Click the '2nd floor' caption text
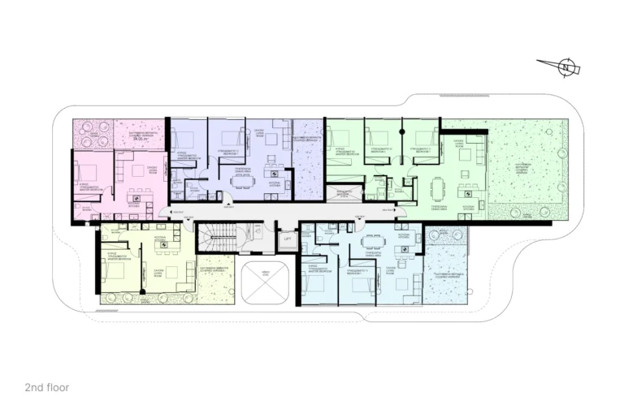coord(47,388)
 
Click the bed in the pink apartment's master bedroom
coord(87,171)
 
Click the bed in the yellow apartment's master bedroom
coord(114,271)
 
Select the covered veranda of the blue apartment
coord(446,276)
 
